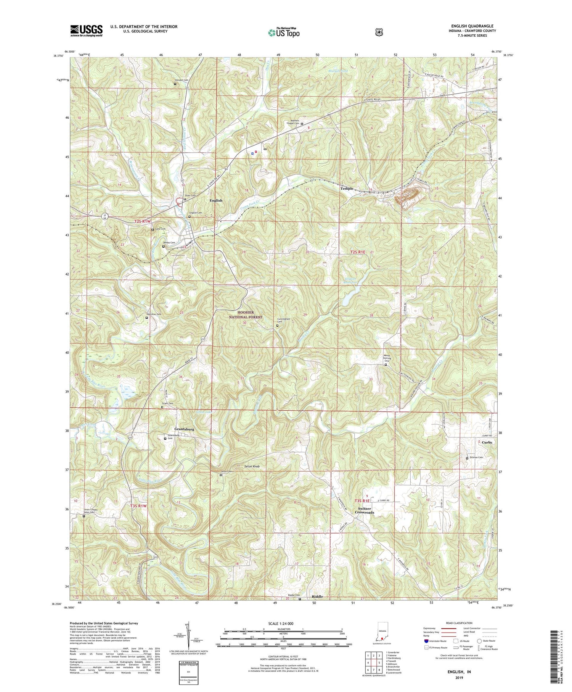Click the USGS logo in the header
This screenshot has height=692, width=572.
(x=86, y=30)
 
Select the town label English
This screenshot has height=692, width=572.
(x=216, y=200)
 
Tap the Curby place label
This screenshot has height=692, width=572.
(x=487, y=442)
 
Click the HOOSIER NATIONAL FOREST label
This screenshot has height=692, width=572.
(x=246, y=315)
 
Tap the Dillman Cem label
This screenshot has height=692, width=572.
(x=476, y=457)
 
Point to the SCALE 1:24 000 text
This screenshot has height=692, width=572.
(x=283, y=623)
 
